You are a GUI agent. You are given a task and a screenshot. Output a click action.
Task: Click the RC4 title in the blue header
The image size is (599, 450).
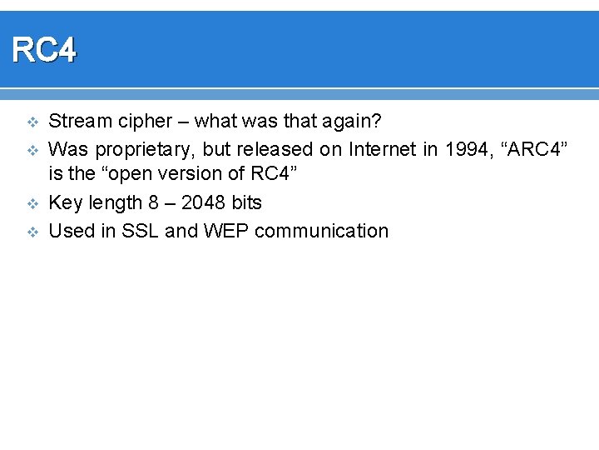[44, 51]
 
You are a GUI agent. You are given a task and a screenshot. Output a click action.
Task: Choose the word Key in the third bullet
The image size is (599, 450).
[64, 203]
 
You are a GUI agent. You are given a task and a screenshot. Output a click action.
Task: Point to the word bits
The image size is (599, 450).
[245, 203]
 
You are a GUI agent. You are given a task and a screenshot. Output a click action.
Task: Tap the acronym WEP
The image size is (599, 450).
[225, 231]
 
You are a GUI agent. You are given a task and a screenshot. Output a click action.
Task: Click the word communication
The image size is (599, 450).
[321, 231]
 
